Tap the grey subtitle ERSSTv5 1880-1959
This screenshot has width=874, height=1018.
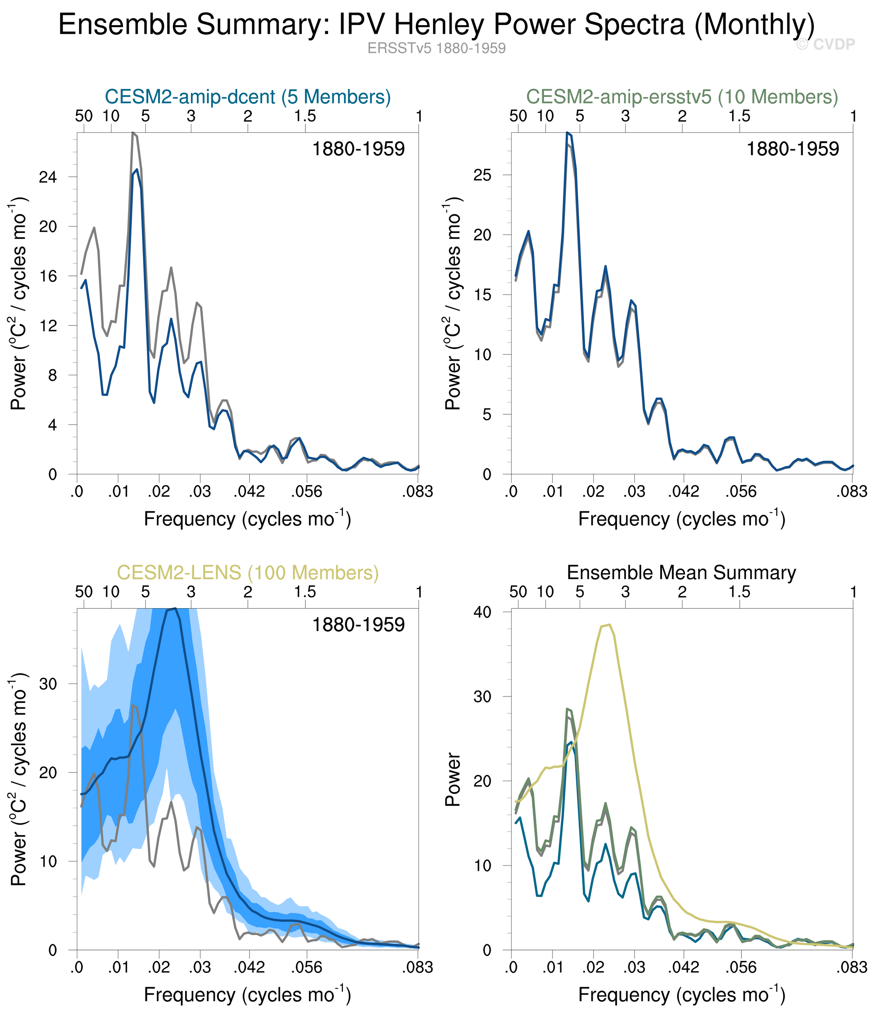point(436,48)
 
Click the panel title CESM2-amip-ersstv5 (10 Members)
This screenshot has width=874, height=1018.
point(682,97)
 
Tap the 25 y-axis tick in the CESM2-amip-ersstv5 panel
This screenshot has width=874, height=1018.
point(483,175)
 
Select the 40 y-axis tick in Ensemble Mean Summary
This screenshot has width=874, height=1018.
point(483,612)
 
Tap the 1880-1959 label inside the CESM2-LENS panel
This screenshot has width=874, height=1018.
point(358,625)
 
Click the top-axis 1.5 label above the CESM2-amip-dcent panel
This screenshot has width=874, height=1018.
point(305,116)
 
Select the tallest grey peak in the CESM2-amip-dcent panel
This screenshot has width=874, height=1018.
point(133,133)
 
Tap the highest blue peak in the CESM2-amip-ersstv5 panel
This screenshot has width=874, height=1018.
point(567,133)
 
